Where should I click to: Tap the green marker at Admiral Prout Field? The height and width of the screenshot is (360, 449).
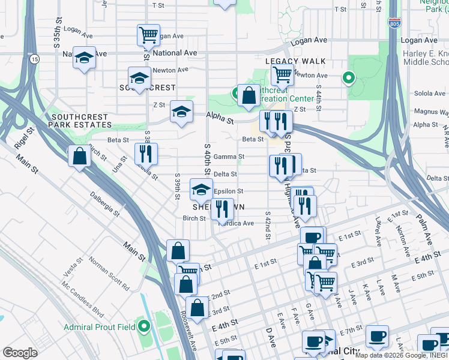(144, 327)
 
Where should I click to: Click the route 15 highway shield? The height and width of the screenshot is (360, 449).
(35, 59)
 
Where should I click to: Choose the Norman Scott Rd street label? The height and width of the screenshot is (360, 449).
(109, 274)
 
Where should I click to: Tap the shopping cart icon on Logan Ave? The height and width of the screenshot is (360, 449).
(148, 34)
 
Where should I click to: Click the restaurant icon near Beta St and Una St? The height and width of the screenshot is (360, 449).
(146, 154)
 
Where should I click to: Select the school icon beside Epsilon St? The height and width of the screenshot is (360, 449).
(201, 190)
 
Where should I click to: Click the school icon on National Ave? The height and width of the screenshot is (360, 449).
(84, 58)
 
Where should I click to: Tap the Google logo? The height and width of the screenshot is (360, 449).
(20, 353)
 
